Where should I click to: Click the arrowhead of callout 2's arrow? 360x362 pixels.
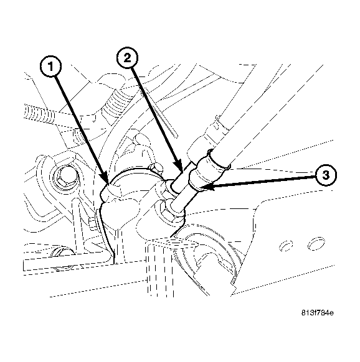tap(181, 170)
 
